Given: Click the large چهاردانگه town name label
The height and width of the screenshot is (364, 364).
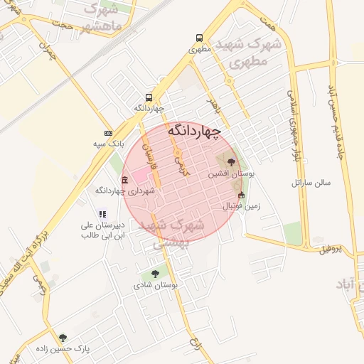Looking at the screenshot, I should click(x=194, y=131).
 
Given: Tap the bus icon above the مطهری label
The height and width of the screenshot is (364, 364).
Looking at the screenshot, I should click(x=198, y=38).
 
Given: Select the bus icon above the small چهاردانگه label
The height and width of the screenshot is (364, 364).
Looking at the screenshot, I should click(x=149, y=97).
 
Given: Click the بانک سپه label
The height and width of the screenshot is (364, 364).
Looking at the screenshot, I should click(x=108, y=144).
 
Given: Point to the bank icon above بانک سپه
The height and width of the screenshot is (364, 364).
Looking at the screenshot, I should click(x=108, y=133).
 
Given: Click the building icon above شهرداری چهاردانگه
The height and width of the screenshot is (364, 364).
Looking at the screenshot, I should click(x=125, y=180).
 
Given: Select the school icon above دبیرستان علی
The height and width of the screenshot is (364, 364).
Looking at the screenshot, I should click(x=103, y=213).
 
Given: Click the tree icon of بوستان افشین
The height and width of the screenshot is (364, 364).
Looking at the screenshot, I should click(x=230, y=161).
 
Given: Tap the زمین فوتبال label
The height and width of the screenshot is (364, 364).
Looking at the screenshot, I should click(x=242, y=206).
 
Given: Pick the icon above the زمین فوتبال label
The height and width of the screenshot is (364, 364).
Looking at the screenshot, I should click(x=241, y=195).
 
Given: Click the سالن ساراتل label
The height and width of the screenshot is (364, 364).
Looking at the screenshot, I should click(x=311, y=183).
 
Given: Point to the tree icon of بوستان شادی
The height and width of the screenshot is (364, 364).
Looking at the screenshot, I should click(x=155, y=273).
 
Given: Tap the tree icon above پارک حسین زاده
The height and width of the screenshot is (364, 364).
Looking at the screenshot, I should click(x=63, y=338).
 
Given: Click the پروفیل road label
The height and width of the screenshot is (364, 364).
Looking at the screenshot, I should click(x=331, y=249).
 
